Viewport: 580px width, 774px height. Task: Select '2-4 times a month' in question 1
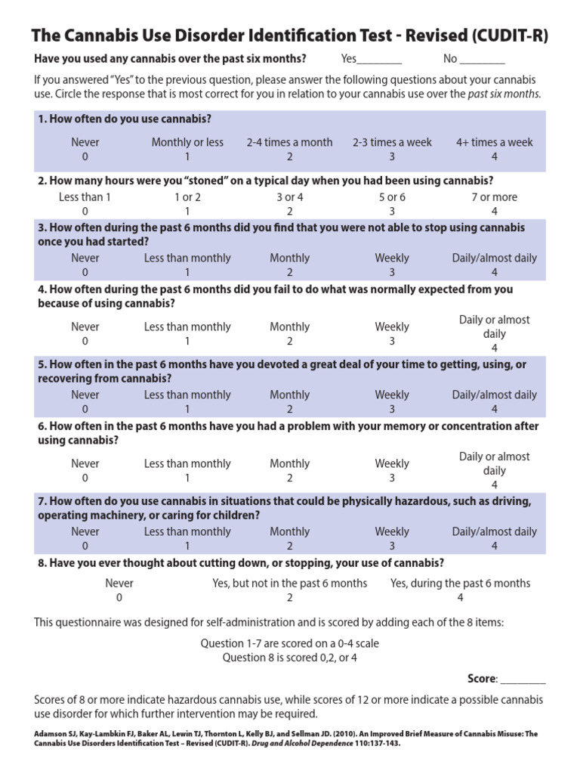tap(289, 142)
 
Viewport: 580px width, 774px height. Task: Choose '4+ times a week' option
tap(495, 142)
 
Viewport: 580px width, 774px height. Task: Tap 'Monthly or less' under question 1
tap(187, 142)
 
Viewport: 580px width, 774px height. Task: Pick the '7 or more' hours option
tap(495, 197)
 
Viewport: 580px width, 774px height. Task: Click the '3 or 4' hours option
tap(289, 197)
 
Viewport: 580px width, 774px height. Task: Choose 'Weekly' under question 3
tap(392, 258)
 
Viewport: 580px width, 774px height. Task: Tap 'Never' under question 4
tap(85, 327)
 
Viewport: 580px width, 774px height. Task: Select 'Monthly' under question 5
tap(289, 395)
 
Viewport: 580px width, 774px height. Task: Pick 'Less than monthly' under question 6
tap(187, 463)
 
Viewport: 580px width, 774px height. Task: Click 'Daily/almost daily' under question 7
tap(495, 531)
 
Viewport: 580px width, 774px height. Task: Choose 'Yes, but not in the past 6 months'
tap(290, 583)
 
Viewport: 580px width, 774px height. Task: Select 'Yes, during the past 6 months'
tap(460, 583)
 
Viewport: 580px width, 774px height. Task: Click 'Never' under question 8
tap(119, 583)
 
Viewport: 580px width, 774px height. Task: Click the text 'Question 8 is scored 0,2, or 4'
tap(290, 658)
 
